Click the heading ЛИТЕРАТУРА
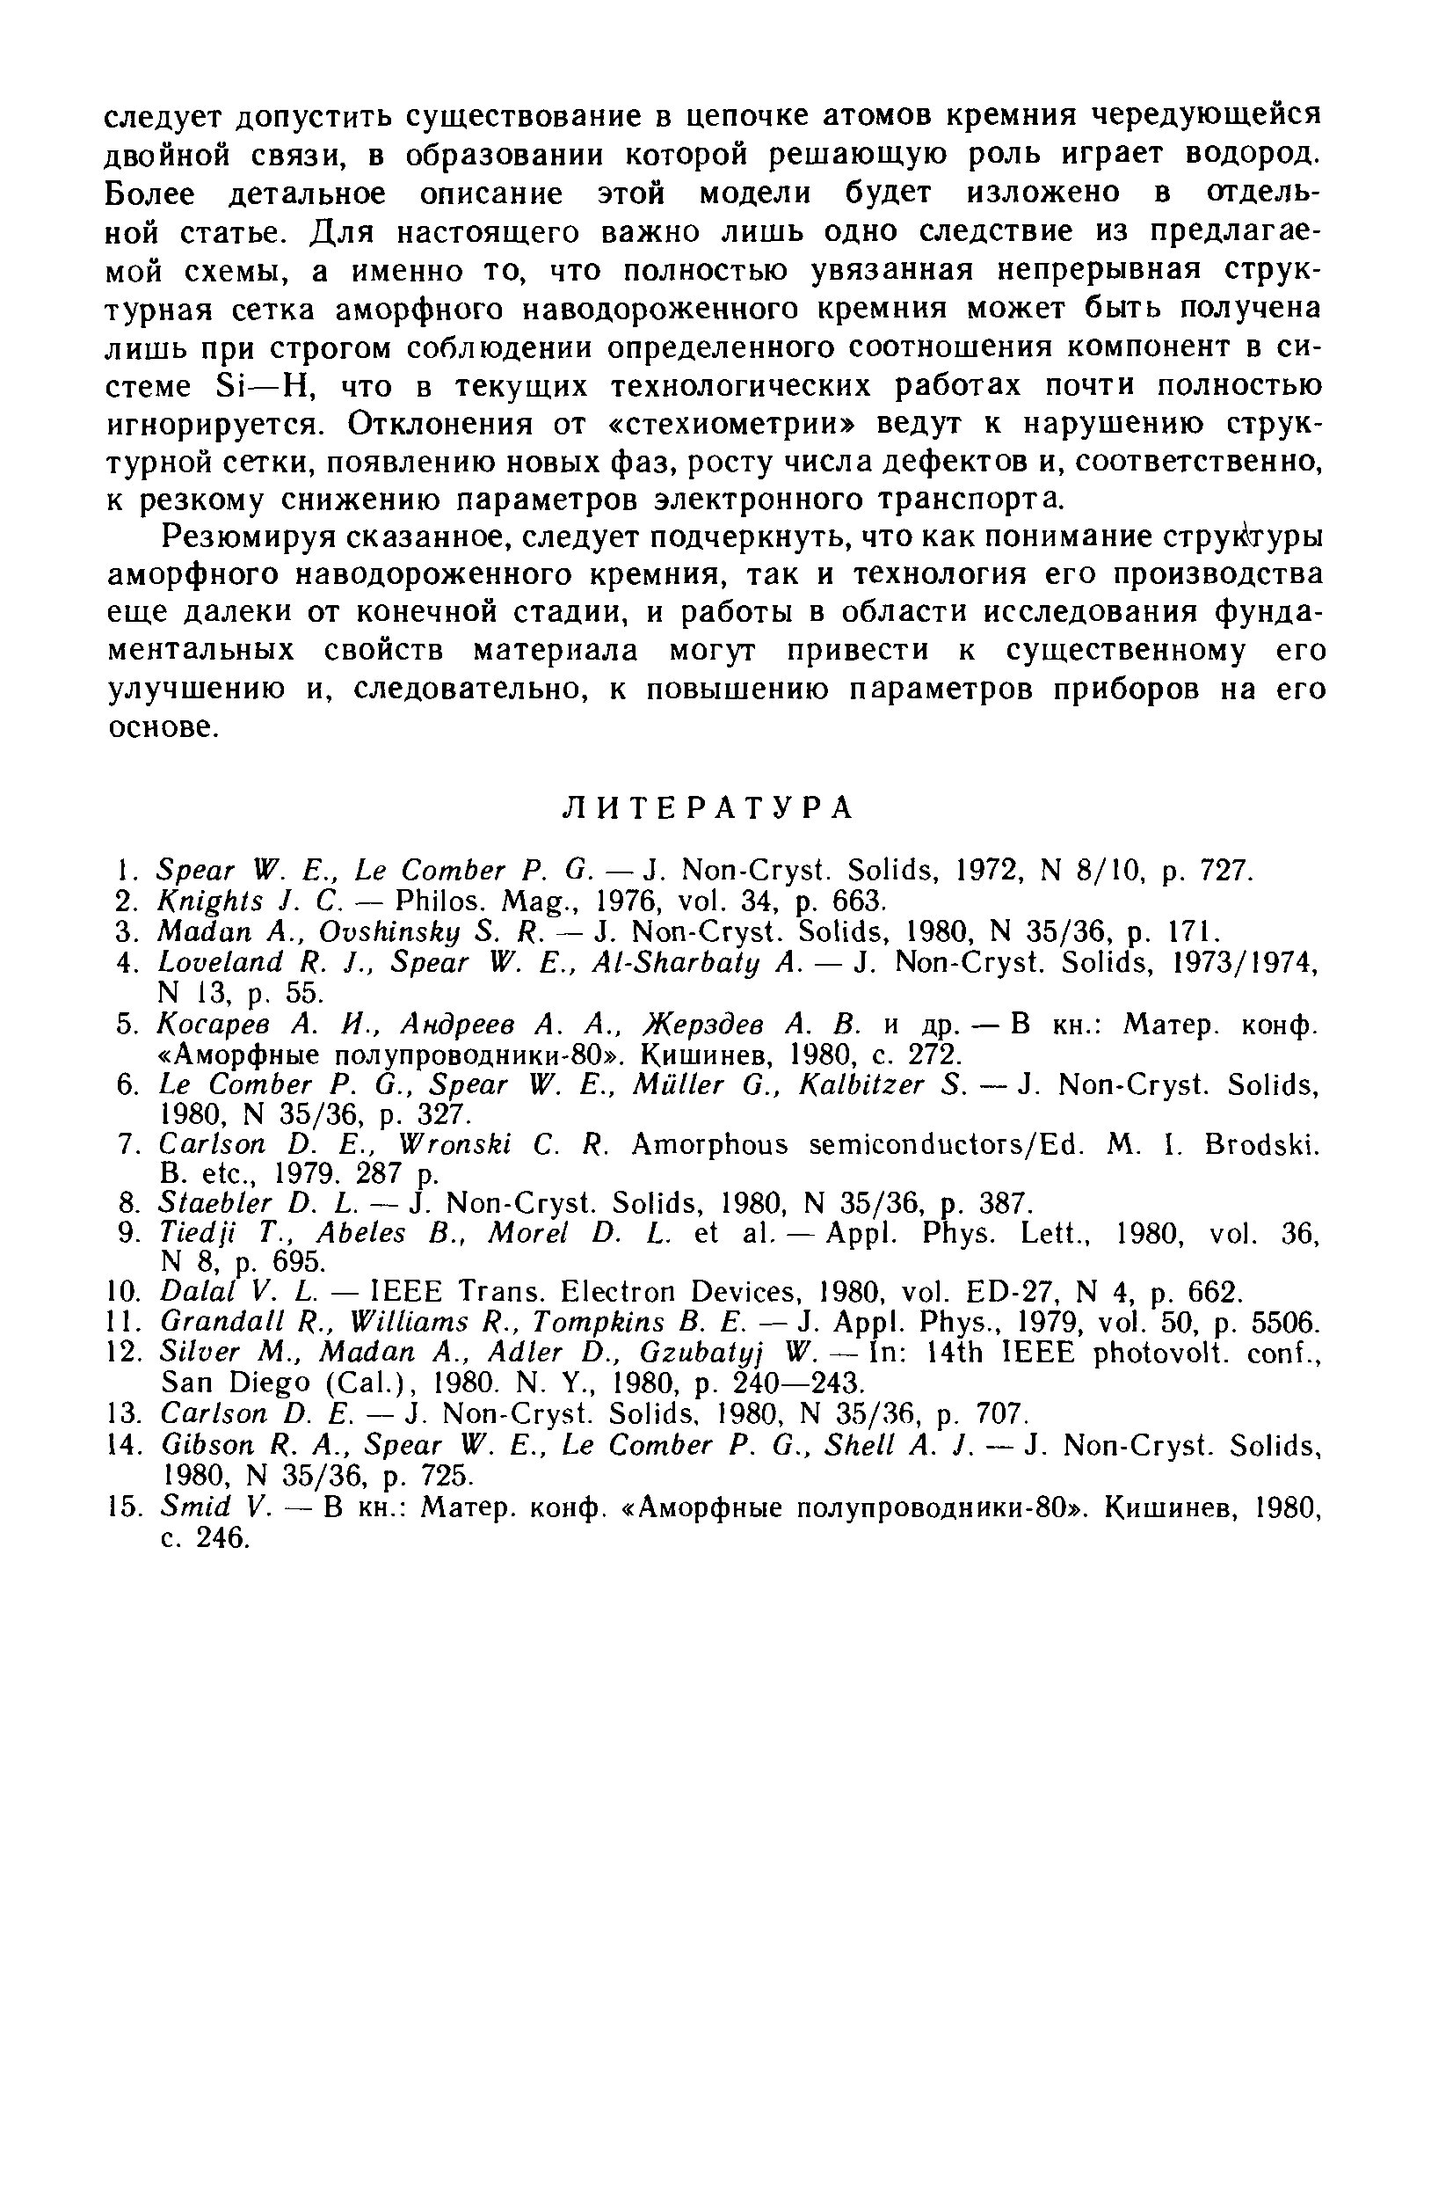(708, 807)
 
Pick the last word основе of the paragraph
(163, 728)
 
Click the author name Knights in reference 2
(195, 900)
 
